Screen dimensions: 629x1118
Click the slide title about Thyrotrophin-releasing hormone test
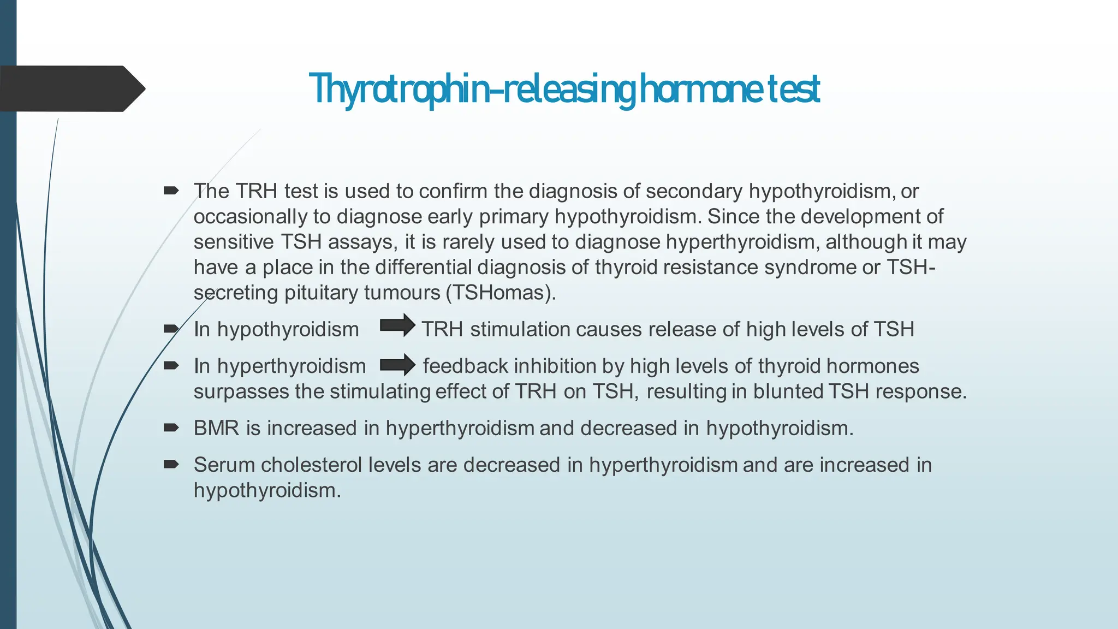click(564, 89)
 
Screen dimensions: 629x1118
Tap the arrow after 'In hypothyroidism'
click(397, 326)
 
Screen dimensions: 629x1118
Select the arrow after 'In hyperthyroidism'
click(397, 365)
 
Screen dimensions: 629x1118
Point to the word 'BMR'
click(216, 428)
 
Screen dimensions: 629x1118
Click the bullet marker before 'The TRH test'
click(171, 191)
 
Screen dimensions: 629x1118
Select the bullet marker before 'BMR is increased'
click(171, 428)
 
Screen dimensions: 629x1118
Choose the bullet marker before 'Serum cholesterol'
click(171, 464)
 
